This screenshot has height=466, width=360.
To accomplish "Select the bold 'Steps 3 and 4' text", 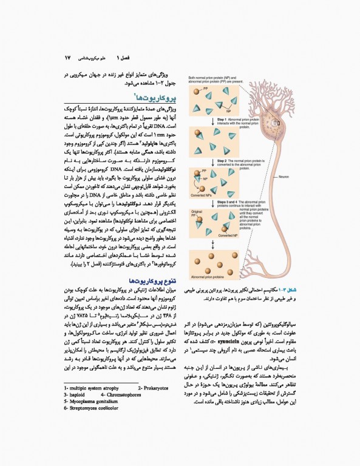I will tap(227, 201).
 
